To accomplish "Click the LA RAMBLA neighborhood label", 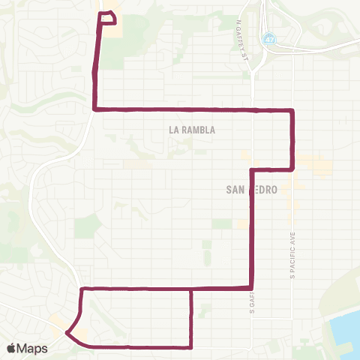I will click(193, 130).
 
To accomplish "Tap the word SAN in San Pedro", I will click(236, 190).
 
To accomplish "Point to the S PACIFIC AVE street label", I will click(292, 255).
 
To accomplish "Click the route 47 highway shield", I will click(268, 37).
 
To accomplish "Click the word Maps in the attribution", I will click(32, 348).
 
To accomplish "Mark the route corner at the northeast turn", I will click(292, 111).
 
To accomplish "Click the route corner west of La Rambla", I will click(94, 110).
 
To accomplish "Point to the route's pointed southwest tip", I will click(67, 332).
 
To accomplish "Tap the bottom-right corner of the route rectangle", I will click(191, 346).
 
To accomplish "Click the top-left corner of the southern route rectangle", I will click(81, 288).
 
